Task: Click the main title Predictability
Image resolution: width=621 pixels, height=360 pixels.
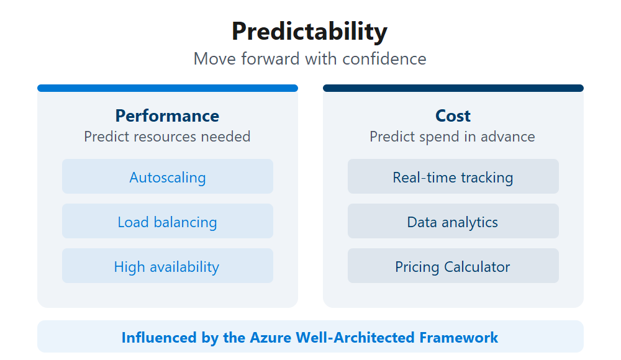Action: [309, 31]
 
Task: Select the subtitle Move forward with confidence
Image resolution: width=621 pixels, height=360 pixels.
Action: [310, 59]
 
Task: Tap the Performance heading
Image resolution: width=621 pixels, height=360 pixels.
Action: [167, 116]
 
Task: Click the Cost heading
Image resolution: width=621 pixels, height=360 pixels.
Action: [453, 116]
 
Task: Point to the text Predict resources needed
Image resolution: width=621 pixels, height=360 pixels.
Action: [167, 137]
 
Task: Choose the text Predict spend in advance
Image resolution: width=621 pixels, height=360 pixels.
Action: [452, 137]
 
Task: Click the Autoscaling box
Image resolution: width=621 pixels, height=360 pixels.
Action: [168, 177]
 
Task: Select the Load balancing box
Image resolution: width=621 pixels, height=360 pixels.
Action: [168, 222]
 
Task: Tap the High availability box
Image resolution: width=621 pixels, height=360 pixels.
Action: [168, 266]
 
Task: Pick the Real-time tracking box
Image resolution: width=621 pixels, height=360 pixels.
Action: [453, 177]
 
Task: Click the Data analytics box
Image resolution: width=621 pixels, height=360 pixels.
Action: [453, 222]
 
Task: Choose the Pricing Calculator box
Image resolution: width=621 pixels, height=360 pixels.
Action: [453, 266]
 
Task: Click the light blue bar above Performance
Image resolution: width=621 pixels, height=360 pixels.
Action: [168, 88]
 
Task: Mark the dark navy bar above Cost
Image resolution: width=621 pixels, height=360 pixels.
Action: [453, 88]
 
